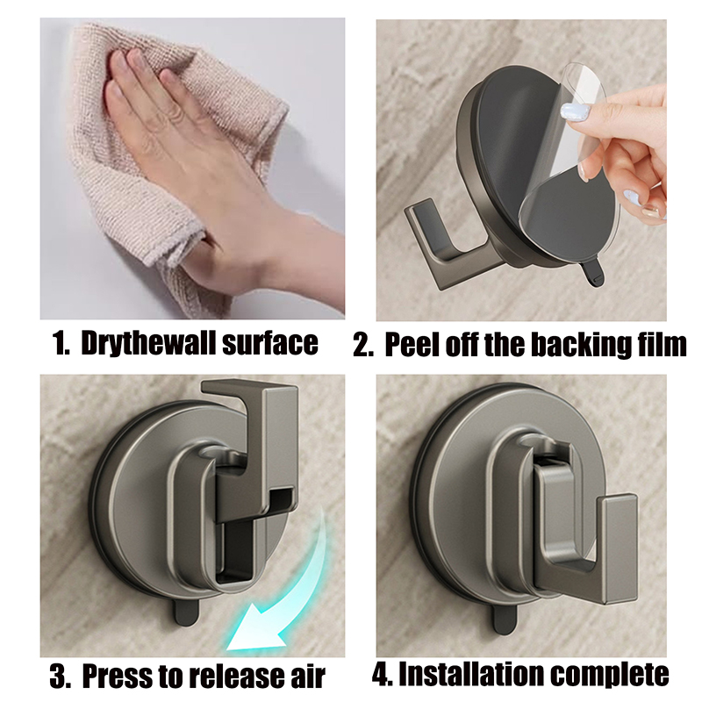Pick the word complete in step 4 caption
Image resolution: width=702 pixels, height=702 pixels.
tap(609, 675)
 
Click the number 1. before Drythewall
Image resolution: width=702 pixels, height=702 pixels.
tap(61, 344)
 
